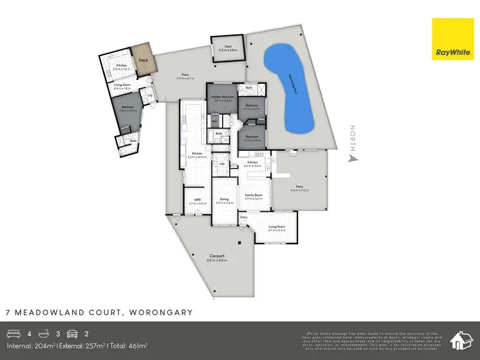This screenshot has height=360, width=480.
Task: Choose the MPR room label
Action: [198, 200]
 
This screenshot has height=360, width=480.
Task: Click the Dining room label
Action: [224, 200]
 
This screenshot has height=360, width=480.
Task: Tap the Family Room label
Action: [254, 196]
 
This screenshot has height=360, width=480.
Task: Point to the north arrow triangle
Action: [351, 157]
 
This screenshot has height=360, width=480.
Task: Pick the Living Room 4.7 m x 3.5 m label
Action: [276, 228]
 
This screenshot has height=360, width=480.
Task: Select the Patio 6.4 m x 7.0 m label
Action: [300, 189]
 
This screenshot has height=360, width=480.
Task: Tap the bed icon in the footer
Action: [13, 333]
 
